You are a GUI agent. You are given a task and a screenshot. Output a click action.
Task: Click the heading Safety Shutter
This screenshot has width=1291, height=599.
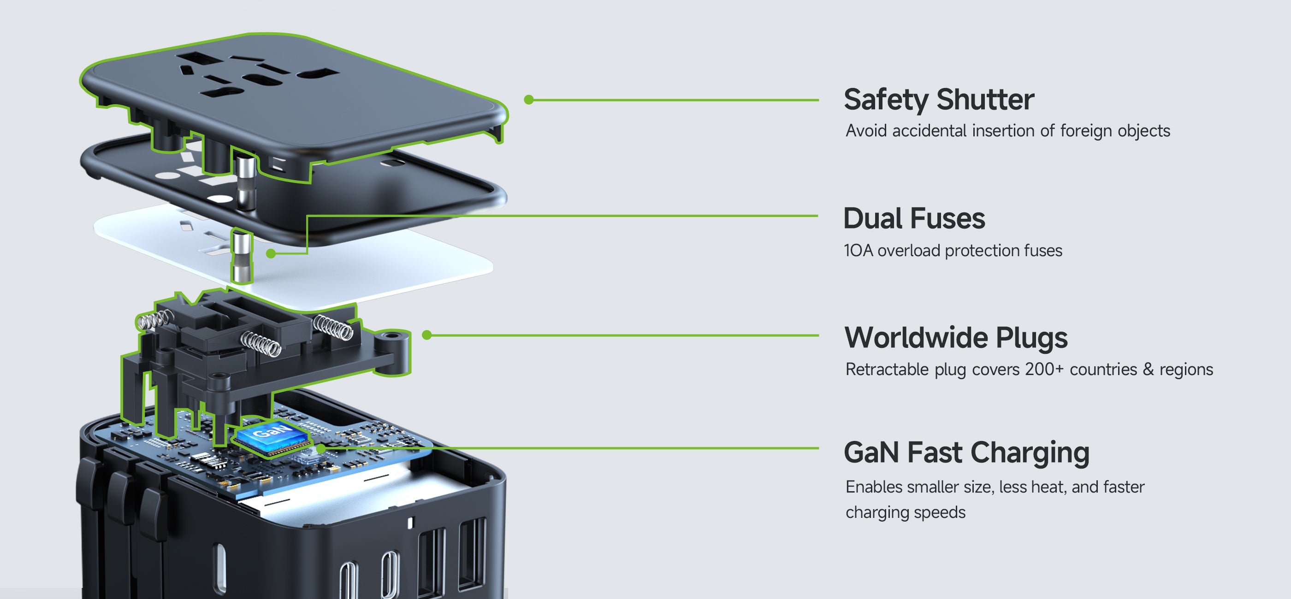tap(938, 99)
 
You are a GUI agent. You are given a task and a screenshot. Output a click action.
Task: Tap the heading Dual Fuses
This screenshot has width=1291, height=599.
tap(914, 218)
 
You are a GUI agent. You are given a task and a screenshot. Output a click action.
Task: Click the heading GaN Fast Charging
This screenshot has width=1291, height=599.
tap(966, 452)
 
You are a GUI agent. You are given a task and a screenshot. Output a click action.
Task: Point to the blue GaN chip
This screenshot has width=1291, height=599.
tap(272, 434)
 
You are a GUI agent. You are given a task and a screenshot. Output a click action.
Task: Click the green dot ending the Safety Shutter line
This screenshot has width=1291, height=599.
tap(528, 100)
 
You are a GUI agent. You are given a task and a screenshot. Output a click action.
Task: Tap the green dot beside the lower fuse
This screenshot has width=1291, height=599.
tap(271, 253)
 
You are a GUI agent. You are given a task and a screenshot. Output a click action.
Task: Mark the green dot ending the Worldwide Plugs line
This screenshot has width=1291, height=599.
tap(426, 335)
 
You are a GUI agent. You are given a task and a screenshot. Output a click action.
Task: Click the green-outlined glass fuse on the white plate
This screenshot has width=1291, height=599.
tap(242, 257)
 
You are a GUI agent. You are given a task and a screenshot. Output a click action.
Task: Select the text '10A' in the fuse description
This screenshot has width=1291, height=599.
tap(858, 250)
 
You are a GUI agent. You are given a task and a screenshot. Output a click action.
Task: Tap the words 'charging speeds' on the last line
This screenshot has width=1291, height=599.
tap(905, 512)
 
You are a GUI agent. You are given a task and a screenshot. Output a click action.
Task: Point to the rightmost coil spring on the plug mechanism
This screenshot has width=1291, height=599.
tap(333, 327)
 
